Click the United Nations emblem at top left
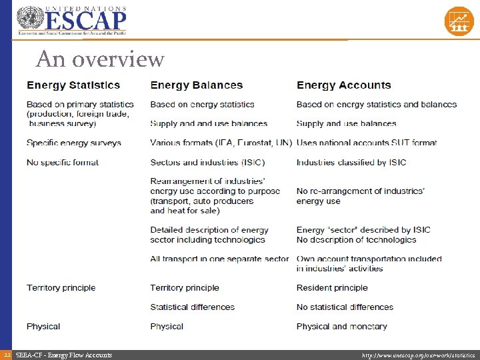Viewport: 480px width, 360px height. (29, 19)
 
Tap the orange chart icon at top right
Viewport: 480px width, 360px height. (459, 21)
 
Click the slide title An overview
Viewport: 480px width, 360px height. (100, 59)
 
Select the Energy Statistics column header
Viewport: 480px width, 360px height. (73, 85)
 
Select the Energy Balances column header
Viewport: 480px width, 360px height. (196, 85)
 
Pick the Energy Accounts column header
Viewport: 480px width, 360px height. (343, 85)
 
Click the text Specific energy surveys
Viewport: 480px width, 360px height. (74, 143)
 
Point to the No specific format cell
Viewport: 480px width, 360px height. (63, 162)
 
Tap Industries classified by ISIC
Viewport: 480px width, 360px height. (351, 162)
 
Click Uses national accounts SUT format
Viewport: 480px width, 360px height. (366, 143)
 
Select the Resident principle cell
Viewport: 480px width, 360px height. (332, 288)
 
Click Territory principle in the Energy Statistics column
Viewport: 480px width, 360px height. (61, 288)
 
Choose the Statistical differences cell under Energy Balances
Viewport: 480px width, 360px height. (192, 307)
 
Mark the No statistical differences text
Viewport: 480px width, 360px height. (345, 307)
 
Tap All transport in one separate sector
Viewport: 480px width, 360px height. (219, 259)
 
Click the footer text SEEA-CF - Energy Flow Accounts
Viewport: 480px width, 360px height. (63, 355)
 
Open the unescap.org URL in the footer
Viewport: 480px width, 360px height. (418, 355)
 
